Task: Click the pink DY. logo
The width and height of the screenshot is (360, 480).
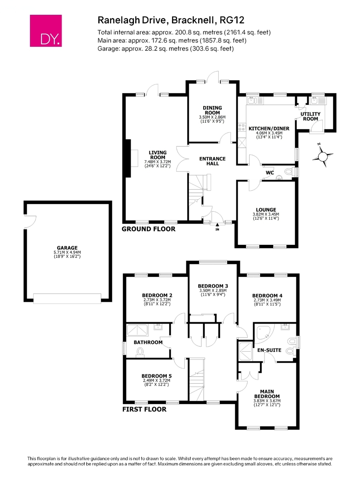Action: [46, 31]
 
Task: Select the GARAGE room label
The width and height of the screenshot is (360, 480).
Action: [67, 248]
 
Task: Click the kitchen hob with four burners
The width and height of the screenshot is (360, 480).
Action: [242, 127]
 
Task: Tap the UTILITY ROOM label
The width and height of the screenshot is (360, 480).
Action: [310, 116]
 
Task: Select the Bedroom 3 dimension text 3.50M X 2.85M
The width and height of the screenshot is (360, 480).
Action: [213, 290]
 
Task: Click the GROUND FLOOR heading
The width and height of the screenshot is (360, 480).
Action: [148, 229]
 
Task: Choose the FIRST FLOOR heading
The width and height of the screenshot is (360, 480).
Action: [144, 409]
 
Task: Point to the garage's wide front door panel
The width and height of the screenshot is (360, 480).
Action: [67, 299]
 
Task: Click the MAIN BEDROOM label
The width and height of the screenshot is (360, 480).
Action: [267, 394]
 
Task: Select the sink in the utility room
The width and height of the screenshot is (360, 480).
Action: [314, 100]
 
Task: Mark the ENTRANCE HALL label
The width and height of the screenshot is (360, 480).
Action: [212, 161]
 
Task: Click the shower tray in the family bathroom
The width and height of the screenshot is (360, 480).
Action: [137, 330]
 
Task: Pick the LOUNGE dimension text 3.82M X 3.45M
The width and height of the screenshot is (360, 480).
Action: [266, 214]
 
